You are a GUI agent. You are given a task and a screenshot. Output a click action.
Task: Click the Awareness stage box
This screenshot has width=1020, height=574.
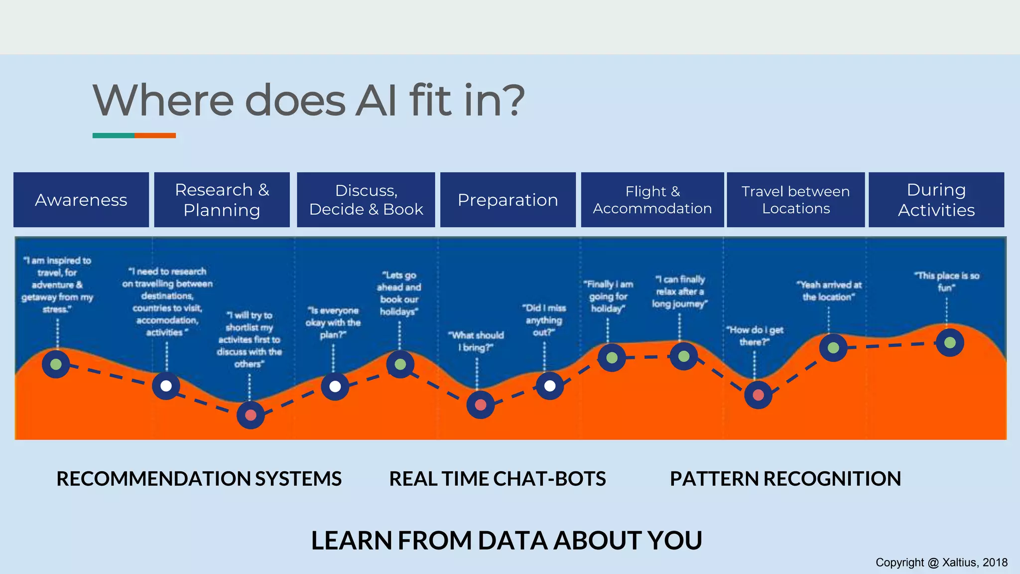[81, 200]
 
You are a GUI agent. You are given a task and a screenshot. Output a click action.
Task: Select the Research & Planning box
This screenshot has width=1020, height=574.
[222, 200]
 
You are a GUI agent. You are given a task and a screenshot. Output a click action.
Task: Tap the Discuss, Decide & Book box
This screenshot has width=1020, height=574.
[366, 200]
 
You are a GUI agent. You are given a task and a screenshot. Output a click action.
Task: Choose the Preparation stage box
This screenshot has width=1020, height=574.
[508, 200]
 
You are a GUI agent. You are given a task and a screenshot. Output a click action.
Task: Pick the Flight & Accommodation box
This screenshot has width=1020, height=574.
[652, 200]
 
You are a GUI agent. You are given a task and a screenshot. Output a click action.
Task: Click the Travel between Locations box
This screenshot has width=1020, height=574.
[795, 200]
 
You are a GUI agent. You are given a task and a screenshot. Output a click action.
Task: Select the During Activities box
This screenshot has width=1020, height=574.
[936, 200]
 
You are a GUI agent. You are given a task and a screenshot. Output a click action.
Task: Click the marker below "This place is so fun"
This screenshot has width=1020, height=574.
[950, 343]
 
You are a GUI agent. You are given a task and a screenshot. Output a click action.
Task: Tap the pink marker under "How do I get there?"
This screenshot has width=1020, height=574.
[758, 395]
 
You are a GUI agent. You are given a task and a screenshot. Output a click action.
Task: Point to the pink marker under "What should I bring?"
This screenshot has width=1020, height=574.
[480, 405]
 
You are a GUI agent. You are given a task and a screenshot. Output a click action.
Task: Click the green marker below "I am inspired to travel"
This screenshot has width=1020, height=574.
[56, 364]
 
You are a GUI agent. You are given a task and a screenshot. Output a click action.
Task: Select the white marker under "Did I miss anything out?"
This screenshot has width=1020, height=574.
[550, 386]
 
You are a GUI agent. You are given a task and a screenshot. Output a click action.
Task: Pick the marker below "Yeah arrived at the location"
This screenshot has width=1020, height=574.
[833, 348]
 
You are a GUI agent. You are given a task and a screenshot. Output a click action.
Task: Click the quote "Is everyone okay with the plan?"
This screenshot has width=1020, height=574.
[333, 322]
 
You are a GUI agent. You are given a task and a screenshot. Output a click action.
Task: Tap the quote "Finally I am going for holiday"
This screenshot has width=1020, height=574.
[608, 296]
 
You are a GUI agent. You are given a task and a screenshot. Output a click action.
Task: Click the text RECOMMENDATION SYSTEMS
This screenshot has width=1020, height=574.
[199, 479]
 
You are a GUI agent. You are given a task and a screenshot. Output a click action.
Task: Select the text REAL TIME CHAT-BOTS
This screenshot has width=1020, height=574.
[497, 479]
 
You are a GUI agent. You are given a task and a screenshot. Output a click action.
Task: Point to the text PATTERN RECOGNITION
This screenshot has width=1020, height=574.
[785, 479]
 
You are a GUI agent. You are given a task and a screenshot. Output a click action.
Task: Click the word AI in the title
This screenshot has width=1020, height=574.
[377, 101]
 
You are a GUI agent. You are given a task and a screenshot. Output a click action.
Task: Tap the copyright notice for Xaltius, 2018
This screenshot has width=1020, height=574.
[941, 563]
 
